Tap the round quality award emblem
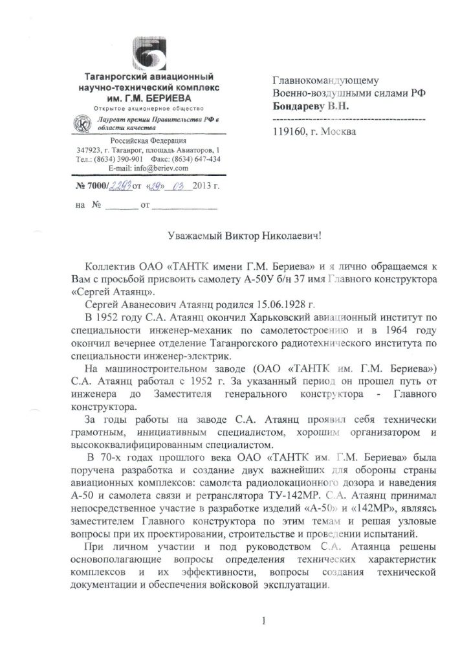tap(83, 123)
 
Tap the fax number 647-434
tap(204, 159)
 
